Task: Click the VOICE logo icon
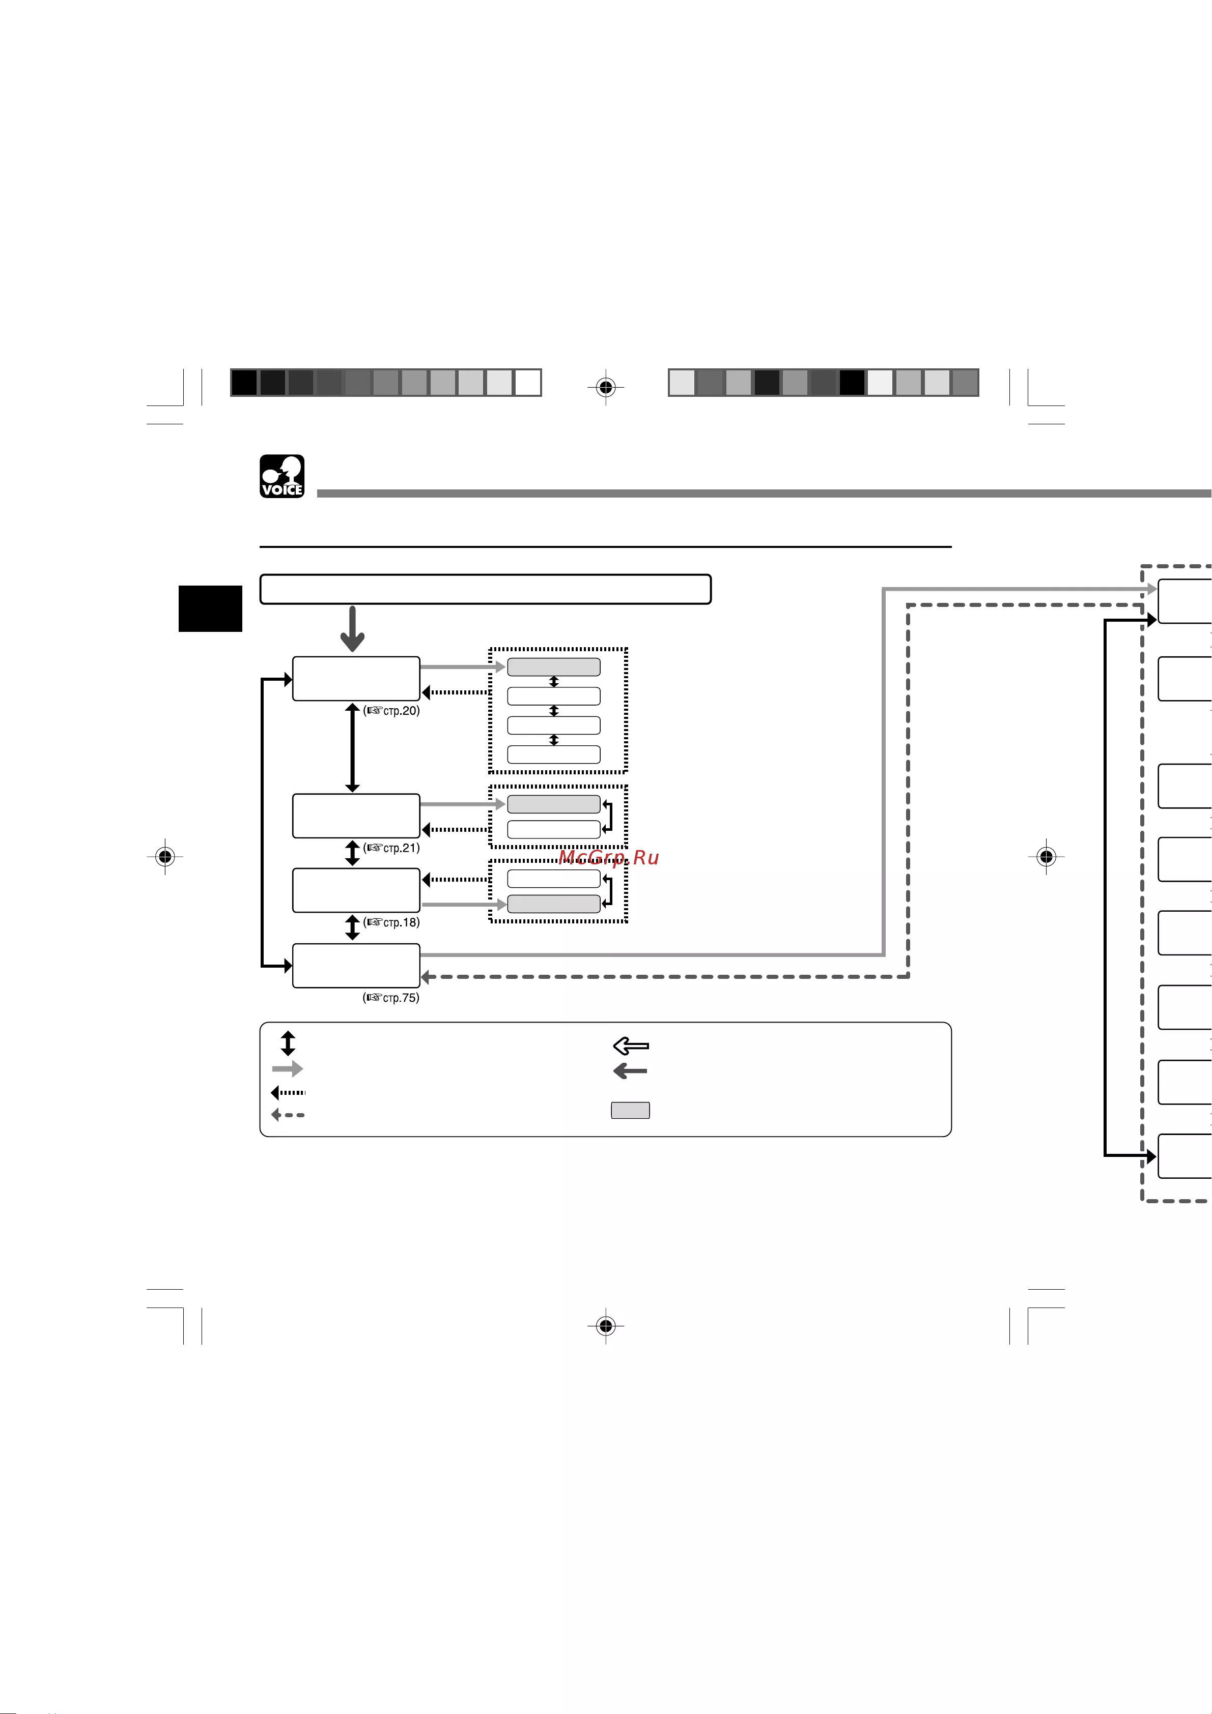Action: [x=281, y=476]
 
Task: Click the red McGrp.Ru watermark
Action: [x=609, y=858]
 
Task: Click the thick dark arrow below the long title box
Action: [x=352, y=628]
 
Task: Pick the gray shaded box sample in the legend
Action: [x=630, y=1110]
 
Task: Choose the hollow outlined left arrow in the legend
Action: [x=631, y=1046]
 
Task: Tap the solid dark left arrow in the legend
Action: [x=630, y=1071]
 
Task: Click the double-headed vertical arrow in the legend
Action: [x=288, y=1043]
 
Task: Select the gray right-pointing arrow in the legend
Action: [x=288, y=1069]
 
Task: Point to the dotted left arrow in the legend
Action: [x=288, y=1093]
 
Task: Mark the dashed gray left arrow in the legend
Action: [x=288, y=1115]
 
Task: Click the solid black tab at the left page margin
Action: [x=211, y=608]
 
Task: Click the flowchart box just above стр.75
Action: [x=356, y=966]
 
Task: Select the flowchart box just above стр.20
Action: [x=356, y=679]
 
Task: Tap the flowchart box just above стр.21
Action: [x=356, y=816]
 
